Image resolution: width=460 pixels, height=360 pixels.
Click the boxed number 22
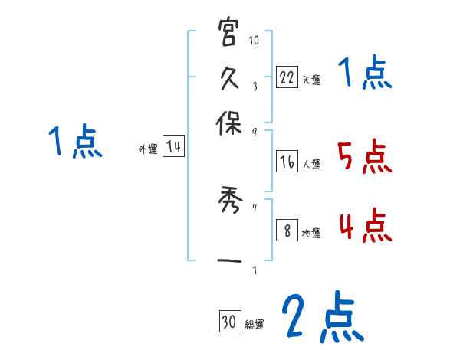click(x=287, y=77)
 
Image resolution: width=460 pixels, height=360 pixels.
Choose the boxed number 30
click(x=228, y=323)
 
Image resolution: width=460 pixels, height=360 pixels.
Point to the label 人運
click(x=312, y=163)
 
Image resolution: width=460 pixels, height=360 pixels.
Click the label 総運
click(x=255, y=325)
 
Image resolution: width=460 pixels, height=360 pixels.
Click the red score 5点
click(x=364, y=159)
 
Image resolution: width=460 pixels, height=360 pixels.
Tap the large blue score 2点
click(x=322, y=318)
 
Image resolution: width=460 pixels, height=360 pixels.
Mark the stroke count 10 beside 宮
click(x=255, y=41)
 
